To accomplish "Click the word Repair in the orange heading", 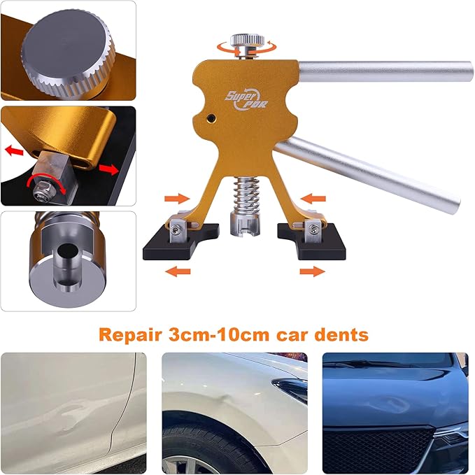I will coord(132,334).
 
